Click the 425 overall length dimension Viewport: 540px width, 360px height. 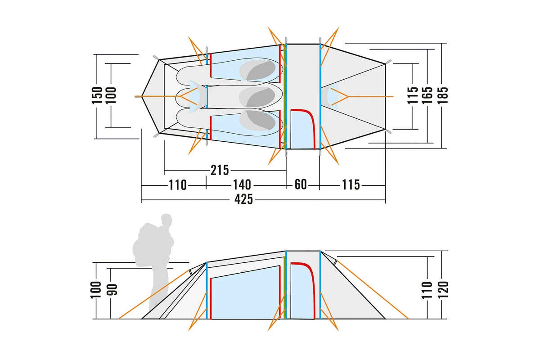pyautogui.click(x=243, y=200)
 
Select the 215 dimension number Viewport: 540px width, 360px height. pyautogui.click(x=220, y=170)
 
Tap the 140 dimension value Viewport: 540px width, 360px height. pyautogui.click(x=242, y=185)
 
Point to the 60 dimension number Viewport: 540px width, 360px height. pyautogui.click(x=301, y=184)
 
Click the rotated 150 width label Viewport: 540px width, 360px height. pyautogui.click(x=97, y=95)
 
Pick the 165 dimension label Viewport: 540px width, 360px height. pyautogui.click(x=427, y=95)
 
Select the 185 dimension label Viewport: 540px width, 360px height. pyautogui.click(x=443, y=95)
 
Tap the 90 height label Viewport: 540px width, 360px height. pyautogui.click(x=112, y=290)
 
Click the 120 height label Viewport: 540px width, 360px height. pyautogui.click(x=443, y=289)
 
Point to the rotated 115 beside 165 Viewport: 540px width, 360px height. pyautogui.click(x=413, y=95)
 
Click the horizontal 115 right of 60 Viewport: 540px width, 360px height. pyautogui.click(x=351, y=185)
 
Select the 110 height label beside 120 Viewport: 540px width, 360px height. pyautogui.click(x=427, y=290)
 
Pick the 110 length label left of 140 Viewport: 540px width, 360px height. pyautogui.click(x=178, y=185)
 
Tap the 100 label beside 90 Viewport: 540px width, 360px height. pyautogui.click(x=96, y=290)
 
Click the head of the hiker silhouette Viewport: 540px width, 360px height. pyautogui.click(x=166, y=220)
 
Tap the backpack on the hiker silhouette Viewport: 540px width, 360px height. pyautogui.click(x=148, y=244)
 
